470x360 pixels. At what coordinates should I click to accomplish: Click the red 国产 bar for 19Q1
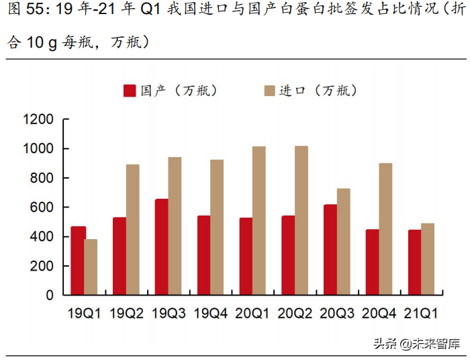pyautogui.click(x=78, y=261)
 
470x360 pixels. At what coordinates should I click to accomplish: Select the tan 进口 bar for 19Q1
pyautogui.click(x=91, y=267)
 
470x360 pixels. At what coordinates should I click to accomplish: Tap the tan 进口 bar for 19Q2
pyautogui.click(x=133, y=230)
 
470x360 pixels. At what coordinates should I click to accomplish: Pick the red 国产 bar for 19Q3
pyautogui.click(x=162, y=247)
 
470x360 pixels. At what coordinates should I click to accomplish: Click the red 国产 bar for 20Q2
pyautogui.click(x=288, y=255)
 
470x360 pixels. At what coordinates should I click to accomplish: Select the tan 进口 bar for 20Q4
pyautogui.click(x=385, y=229)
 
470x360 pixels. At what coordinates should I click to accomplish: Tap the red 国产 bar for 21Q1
pyautogui.click(x=415, y=263)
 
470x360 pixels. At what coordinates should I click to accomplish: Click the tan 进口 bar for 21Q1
pyautogui.click(x=428, y=259)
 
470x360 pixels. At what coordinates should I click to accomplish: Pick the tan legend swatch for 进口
pyautogui.click(x=269, y=91)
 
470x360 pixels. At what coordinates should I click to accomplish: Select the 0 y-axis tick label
pyautogui.click(x=51, y=295)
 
